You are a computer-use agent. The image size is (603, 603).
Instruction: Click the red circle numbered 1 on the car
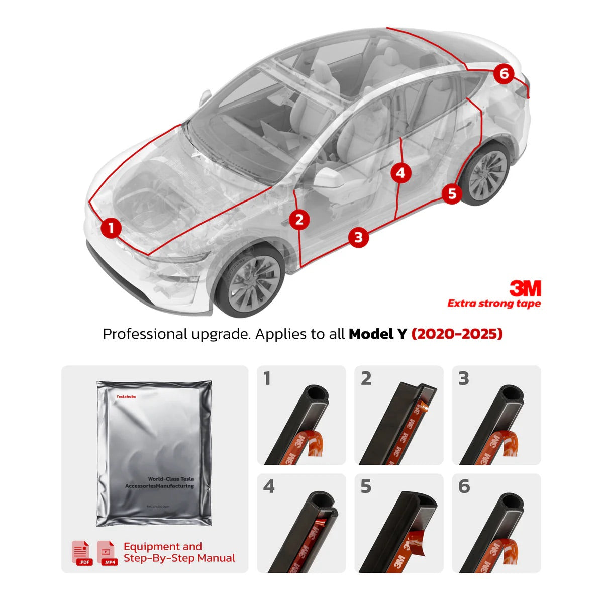[x=111, y=228]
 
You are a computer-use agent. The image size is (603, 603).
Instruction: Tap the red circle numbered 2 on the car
[x=299, y=220]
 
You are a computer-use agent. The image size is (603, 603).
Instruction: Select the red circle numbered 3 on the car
[x=358, y=237]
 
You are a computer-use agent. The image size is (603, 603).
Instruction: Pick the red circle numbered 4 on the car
[x=400, y=173]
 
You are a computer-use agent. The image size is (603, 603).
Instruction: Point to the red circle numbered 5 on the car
[x=452, y=193]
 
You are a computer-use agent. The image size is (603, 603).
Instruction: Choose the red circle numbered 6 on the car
[x=504, y=74]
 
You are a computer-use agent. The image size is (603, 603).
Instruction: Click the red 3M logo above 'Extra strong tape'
[x=525, y=288]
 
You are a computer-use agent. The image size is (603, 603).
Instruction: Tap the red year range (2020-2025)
[x=457, y=334]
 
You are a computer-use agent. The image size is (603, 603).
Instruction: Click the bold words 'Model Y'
[x=377, y=334]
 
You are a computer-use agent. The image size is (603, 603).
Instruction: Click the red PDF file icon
[x=82, y=553]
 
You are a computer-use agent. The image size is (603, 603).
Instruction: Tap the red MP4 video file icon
[x=108, y=553]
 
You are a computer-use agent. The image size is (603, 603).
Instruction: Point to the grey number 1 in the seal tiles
[x=267, y=378]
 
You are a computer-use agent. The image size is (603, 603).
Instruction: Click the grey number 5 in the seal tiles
[x=366, y=486]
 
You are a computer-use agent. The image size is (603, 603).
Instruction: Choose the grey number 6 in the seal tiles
[x=464, y=486]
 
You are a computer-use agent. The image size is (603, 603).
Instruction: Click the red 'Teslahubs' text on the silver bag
[x=126, y=396]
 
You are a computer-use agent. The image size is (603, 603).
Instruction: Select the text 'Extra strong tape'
[x=494, y=304]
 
